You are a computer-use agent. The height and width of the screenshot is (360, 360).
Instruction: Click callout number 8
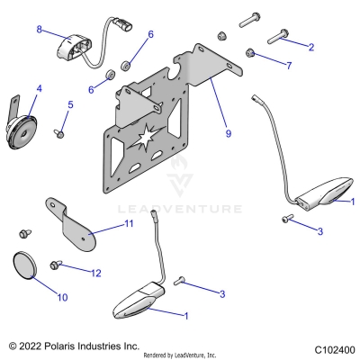[x=40, y=30]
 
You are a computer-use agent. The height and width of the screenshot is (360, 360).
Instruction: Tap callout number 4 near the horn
[x=39, y=89]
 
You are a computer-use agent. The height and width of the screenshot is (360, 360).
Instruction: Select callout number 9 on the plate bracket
[x=228, y=133]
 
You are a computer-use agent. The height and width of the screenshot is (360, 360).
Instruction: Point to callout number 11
[x=129, y=222]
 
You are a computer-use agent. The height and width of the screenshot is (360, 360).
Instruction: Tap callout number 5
[x=71, y=105]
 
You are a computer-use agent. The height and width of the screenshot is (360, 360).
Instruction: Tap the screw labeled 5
[x=59, y=133]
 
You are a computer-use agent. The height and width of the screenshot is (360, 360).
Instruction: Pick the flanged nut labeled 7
[x=255, y=56]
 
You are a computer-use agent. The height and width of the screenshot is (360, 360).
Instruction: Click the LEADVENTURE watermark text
[x=193, y=209]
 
